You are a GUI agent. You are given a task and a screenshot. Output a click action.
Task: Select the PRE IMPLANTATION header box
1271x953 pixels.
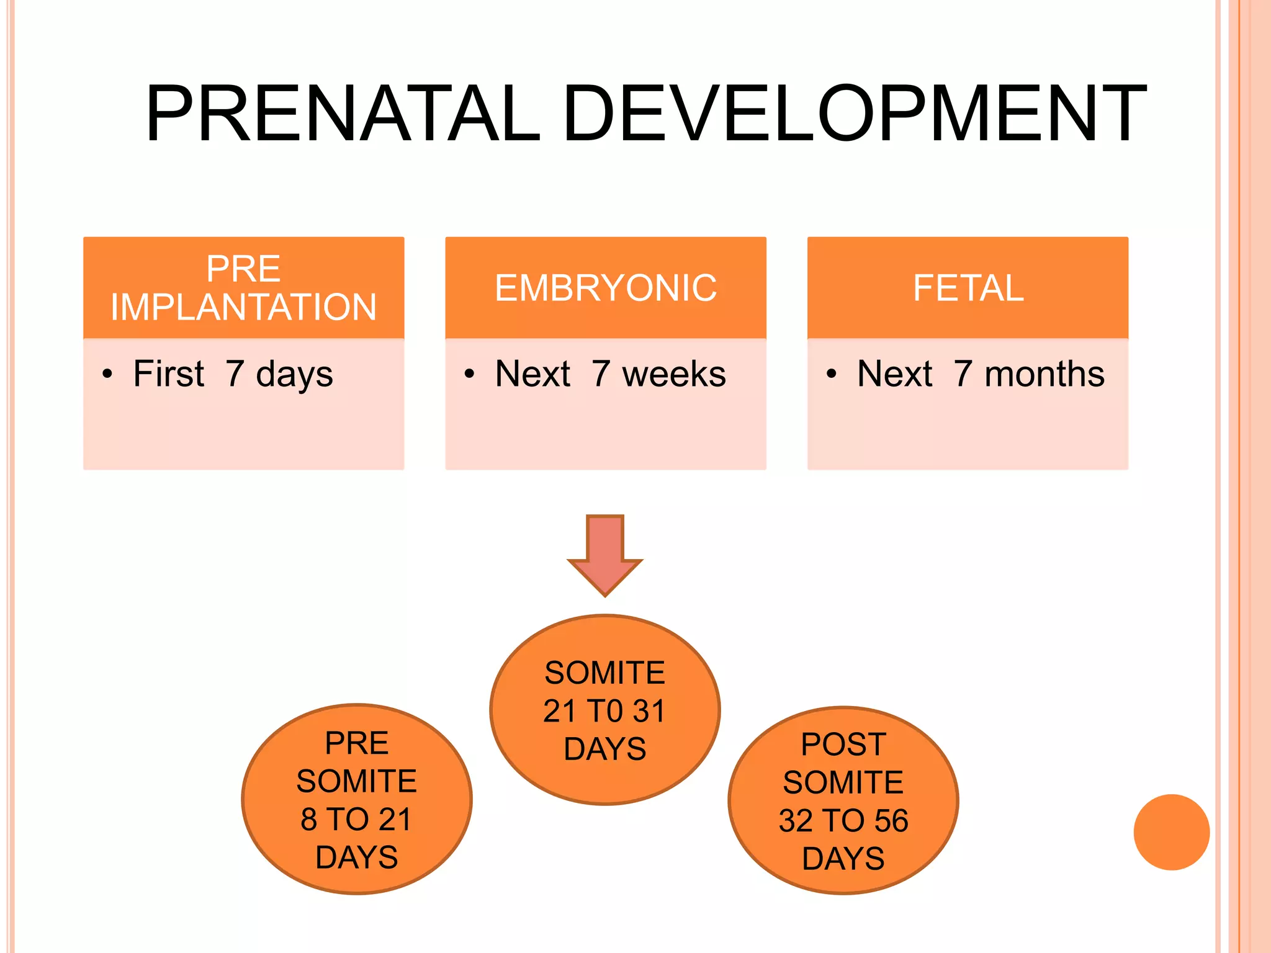pos(243,288)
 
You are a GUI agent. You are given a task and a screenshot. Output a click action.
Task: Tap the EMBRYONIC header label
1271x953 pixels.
pos(605,288)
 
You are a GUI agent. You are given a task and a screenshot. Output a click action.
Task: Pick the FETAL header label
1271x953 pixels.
pos(968,288)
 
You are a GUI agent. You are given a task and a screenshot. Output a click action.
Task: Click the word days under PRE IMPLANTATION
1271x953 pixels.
pos(294,375)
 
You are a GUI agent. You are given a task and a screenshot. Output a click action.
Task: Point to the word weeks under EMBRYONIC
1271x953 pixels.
pos(674,374)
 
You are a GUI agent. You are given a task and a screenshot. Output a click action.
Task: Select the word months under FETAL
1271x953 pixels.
pos(1044,374)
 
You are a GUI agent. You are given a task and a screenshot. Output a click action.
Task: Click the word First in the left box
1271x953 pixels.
pos(168,374)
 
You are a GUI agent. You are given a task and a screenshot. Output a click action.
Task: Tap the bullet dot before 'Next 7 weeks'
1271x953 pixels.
pos(469,374)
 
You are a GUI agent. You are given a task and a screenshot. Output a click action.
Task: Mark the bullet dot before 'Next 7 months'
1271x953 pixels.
pos(831,374)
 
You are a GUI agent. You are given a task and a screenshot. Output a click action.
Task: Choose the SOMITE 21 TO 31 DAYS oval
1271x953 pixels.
pos(605,710)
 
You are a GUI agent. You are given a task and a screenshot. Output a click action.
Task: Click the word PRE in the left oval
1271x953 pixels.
pos(357,743)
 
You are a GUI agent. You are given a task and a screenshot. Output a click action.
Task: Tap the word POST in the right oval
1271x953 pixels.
pos(843,745)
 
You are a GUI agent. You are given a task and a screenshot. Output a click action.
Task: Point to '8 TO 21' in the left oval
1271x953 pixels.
pos(356,820)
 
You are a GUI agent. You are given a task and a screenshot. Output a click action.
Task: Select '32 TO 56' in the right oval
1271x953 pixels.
pos(843,821)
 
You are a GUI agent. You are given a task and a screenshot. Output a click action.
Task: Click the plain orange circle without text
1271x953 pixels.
pos(1171,832)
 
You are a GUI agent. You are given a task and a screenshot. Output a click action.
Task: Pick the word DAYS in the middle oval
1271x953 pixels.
pos(605,749)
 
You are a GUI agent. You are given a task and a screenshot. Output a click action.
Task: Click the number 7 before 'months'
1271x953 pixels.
pos(963,374)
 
